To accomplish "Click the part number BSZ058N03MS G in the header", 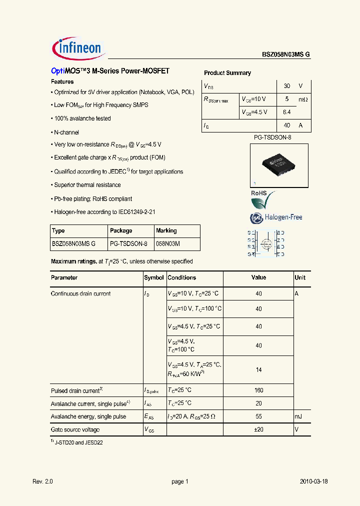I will click(x=286, y=55).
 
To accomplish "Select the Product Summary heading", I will click(x=227, y=73).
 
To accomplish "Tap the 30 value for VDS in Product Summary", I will click(x=287, y=86).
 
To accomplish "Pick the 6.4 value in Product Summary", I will click(x=287, y=112).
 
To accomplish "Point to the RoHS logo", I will click(x=262, y=200).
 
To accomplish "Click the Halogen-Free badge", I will click(x=276, y=217).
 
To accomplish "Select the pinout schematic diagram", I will click(x=266, y=243).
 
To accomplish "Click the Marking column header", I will click(x=166, y=231).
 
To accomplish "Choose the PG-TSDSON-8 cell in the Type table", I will click(x=128, y=244).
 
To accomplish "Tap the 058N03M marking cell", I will click(x=168, y=244).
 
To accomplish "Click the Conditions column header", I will click(x=182, y=277).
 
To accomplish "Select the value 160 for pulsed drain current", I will click(x=258, y=390).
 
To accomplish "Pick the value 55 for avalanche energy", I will click(x=258, y=416).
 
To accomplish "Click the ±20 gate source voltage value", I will click(x=258, y=429).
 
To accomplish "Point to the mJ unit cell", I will click(x=299, y=416).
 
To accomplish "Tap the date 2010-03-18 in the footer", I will click(x=314, y=481).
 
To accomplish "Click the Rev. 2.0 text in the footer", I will click(x=42, y=481).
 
